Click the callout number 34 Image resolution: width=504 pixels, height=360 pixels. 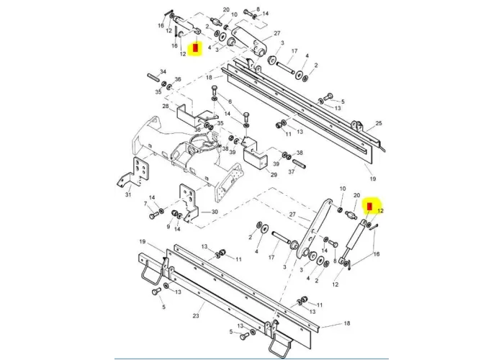click(163, 71)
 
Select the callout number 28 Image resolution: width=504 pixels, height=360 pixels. click(165, 107)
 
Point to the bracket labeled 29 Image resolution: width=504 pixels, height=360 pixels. click(256, 159)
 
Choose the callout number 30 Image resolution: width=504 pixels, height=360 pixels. click(214, 212)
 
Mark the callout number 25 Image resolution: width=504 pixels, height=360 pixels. click(379, 124)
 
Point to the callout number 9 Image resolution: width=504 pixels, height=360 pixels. click(168, 228)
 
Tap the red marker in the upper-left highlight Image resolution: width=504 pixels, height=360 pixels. click(193, 50)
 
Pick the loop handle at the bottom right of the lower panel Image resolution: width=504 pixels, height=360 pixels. click(277, 348)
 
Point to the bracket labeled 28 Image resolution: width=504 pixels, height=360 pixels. click(189, 114)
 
